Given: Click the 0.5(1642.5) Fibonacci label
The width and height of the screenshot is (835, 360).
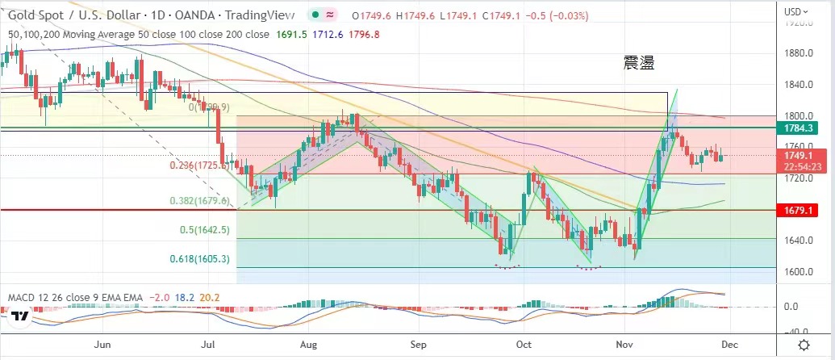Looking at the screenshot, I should tap(206, 229).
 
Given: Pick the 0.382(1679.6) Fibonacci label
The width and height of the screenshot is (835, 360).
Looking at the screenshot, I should tap(199, 201).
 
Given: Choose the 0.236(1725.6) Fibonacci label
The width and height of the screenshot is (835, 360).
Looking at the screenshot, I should tap(200, 165).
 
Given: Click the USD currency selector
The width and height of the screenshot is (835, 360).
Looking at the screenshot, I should tap(797, 11).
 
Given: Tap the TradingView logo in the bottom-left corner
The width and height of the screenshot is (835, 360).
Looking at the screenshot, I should tap(21, 316).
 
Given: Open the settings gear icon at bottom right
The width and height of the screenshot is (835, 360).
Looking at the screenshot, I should tap(804, 344).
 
